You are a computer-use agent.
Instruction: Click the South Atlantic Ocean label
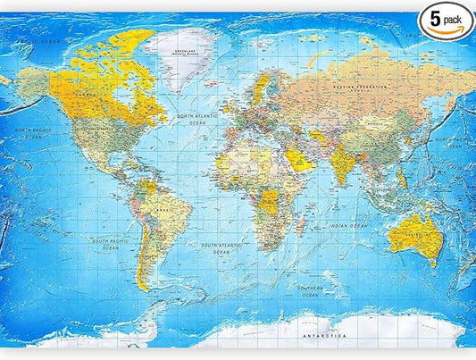pyautogui.click(x=223, y=247)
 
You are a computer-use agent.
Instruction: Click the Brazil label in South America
pyautogui.click(x=163, y=212)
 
